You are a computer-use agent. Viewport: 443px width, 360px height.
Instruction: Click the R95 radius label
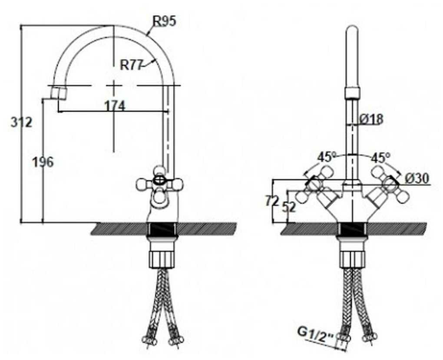coord(165,20)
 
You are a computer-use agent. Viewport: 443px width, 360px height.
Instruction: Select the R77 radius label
coord(131,65)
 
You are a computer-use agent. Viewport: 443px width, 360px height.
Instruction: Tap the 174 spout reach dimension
coord(114,105)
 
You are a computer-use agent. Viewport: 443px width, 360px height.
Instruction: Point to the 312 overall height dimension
coord(21,122)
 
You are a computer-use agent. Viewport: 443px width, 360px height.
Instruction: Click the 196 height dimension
coord(43,162)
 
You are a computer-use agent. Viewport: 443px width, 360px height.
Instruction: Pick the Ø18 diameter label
coord(371,118)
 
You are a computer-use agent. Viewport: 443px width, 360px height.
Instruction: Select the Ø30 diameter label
coord(417,178)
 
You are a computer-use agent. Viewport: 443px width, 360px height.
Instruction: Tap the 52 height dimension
coord(288,208)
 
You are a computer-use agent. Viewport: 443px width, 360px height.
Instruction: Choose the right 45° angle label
coord(381,157)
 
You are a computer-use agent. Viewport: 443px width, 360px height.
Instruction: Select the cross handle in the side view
coord(159,185)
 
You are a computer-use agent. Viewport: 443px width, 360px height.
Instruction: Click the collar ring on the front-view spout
coord(352,92)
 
